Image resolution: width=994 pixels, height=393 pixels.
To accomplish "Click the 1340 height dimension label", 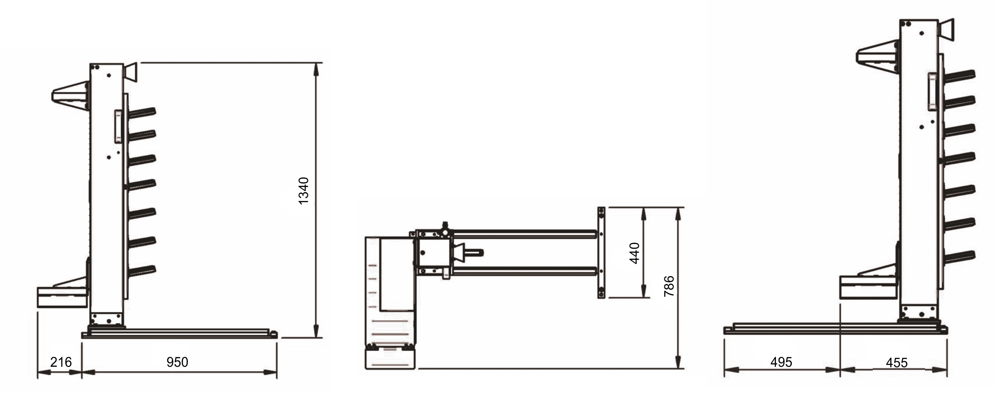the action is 303,191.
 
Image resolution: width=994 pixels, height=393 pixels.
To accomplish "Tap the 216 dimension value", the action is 61,362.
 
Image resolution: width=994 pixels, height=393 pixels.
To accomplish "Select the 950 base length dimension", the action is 177,362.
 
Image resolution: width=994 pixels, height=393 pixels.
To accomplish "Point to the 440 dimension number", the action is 635,253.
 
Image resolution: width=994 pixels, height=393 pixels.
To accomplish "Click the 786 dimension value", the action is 669,286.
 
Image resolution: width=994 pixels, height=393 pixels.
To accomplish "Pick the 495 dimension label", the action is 781,362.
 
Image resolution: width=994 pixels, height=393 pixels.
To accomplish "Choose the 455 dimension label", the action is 897,363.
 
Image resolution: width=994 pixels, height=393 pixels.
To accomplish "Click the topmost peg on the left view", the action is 142,112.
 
